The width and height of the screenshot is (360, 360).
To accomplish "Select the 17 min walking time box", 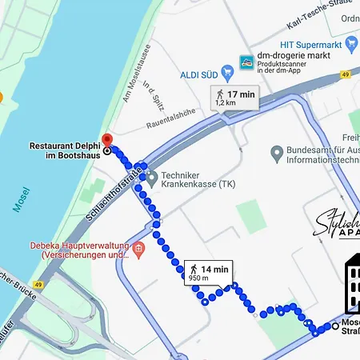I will coord(235,98).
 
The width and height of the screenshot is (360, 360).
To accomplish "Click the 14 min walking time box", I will coord(208,273).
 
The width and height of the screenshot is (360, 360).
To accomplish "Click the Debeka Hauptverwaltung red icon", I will coord(138,249).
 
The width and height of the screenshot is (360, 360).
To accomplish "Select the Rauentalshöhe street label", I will coord(173,118).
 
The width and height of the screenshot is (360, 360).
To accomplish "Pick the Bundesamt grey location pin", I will coord(277,152).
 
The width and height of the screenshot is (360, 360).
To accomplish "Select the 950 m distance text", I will coord(199,278).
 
